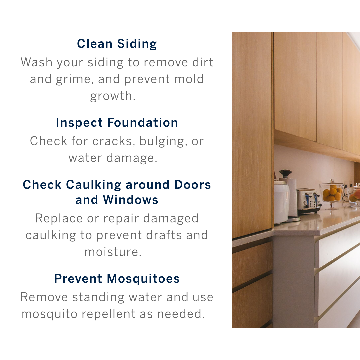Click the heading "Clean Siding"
coord(117,44)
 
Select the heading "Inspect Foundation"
coord(117,122)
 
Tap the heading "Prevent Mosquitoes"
coord(117,279)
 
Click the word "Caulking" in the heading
coord(93,185)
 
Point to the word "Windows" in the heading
coord(130,200)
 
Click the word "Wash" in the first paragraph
coord(37,62)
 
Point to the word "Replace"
coord(59,219)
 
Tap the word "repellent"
coord(108,314)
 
